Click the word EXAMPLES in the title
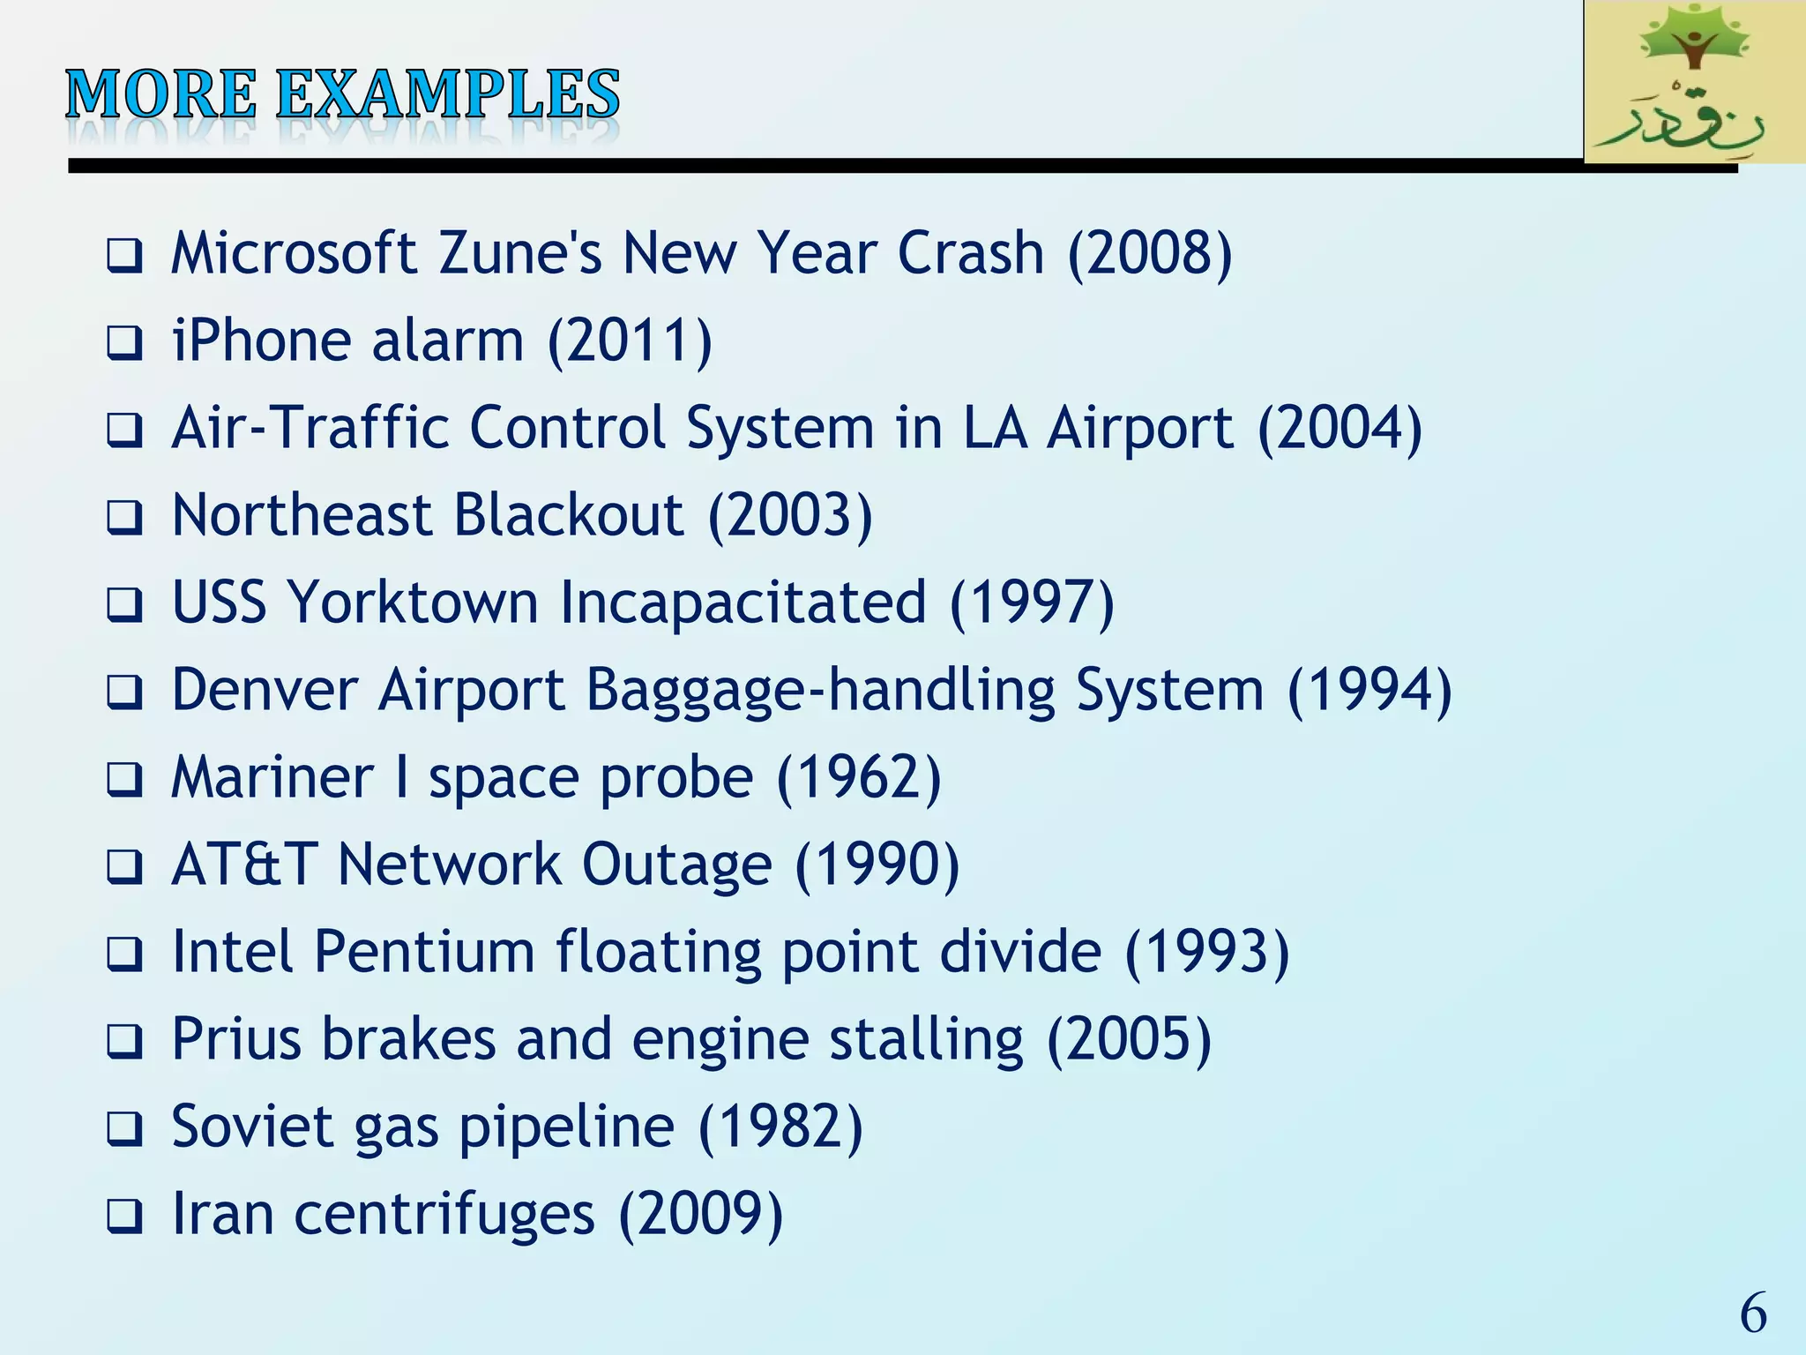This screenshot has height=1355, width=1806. pyautogui.click(x=448, y=95)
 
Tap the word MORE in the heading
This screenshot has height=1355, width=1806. pyautogui.click(x=161, y=95)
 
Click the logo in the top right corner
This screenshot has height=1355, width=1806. pyautogui.click(x=1693, y=81)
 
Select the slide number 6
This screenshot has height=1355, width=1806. pyautogui.click(x=1752, y=1313)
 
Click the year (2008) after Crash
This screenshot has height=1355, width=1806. pyautogui.click(x=1149, y=253)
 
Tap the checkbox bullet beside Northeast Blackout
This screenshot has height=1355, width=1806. pyautogui.click(x=124, y=518)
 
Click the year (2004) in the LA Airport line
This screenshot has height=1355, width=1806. pyautogui.click(x=1340, y=428)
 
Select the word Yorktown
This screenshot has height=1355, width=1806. pyautogui.click(x=413, y=603)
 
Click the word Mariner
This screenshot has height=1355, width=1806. pyautogui.click(x=272, y=777)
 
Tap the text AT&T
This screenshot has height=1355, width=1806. pyautogui.click(x=243, y=864)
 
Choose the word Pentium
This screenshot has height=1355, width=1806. pyautogui.click(x=424, y=951)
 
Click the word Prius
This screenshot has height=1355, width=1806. pyautogui.click(x=236, y=1038)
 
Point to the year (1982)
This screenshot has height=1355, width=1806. pyautogui.click(x=780, y=1127)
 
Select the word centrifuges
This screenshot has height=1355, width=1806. pyautogui.click(x=444, y=1214)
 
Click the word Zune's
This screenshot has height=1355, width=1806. pyautogui.click(x=519, y=253)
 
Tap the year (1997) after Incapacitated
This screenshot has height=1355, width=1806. pyautogui.click(x=1032, y=603)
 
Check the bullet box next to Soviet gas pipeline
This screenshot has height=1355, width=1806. pyautogui.click(x=124, y=1129)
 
